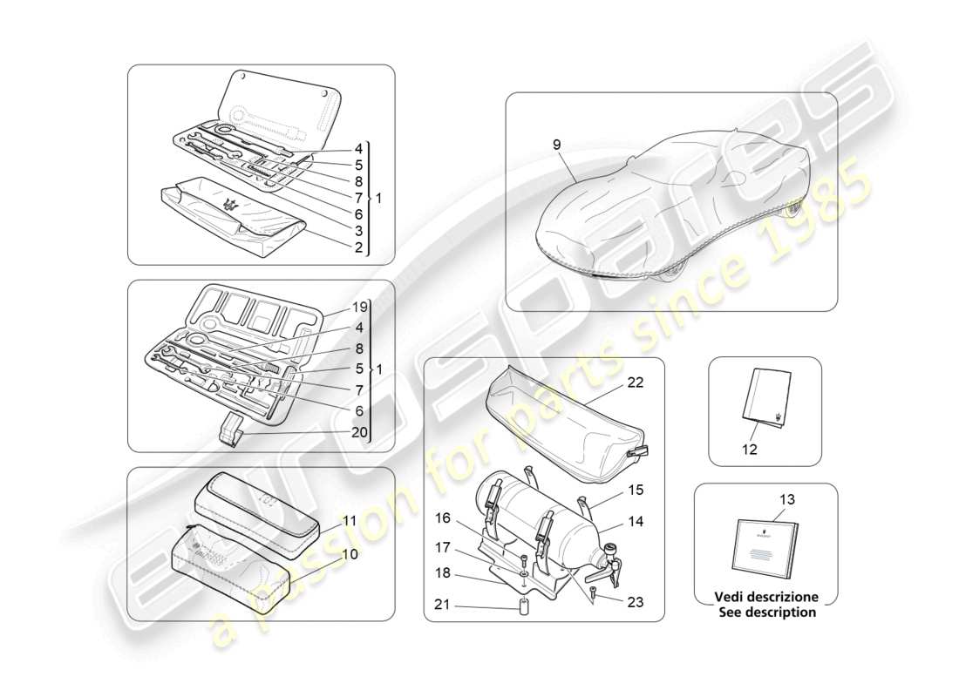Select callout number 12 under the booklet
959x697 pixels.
[x=750, y=450]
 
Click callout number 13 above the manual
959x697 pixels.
[x=786, y=499]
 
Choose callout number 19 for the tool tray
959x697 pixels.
[x=360, y=307]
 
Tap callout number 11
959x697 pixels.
[x=349, y=520]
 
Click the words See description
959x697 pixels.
[x=767, y=612]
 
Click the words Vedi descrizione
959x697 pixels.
[x=767, y=598]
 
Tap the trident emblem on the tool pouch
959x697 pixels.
[x=232, y=205]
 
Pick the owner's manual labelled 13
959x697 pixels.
[x=765, y=548]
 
